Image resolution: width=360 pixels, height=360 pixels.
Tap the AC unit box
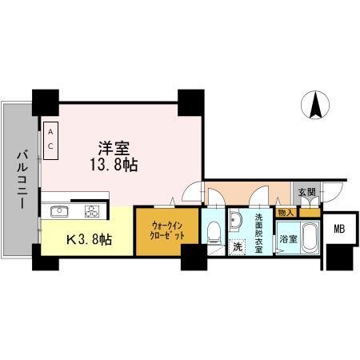tap(50, 138)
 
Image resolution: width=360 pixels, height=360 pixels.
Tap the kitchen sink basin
tap(59, 212)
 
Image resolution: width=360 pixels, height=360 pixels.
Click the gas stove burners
tap(92, 212)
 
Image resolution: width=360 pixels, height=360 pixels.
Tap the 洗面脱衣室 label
tap(258, 232)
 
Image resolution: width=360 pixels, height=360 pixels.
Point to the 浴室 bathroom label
tap(287, 239)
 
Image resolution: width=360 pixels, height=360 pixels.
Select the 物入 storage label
tap(286, 213)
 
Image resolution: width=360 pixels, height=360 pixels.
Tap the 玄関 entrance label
tap(307, 193)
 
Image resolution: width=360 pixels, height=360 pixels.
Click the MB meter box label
tap(339, 230)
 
